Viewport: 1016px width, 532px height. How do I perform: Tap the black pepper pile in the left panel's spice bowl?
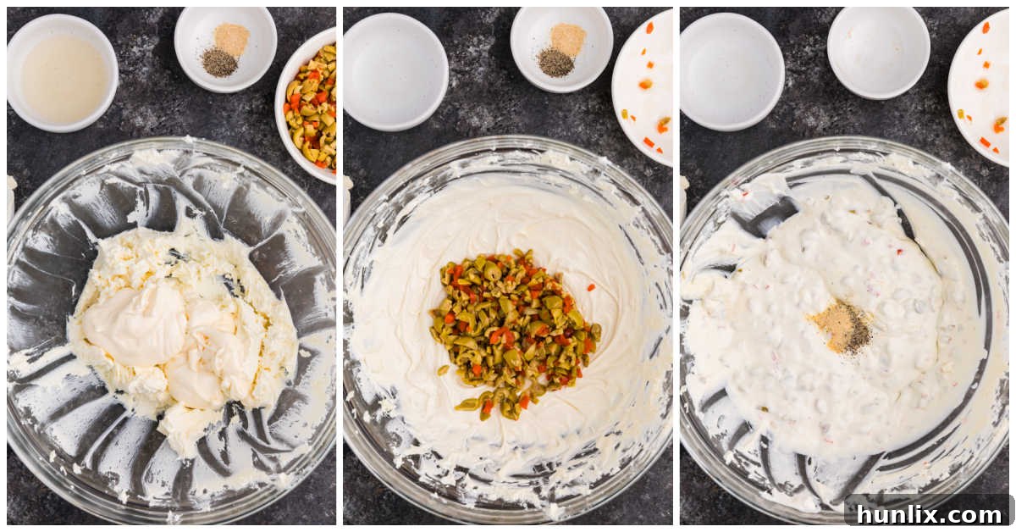click(219, 62)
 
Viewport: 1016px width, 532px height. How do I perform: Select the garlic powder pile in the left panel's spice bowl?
click(231, 37)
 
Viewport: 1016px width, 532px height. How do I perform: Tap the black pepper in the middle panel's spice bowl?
click(555, 62)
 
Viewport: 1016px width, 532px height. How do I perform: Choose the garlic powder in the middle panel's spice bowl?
click(567, 38)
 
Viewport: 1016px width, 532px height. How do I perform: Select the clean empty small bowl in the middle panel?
click(395, 71)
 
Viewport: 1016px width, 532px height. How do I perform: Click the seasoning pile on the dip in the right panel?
click(842, 327)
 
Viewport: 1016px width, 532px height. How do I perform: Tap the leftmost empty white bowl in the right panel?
click(732, 71)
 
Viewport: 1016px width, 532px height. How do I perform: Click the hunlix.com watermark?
click(928, 513)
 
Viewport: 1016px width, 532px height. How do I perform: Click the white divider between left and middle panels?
click(339, 266)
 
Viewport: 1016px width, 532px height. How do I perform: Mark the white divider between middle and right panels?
click(676, 266)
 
